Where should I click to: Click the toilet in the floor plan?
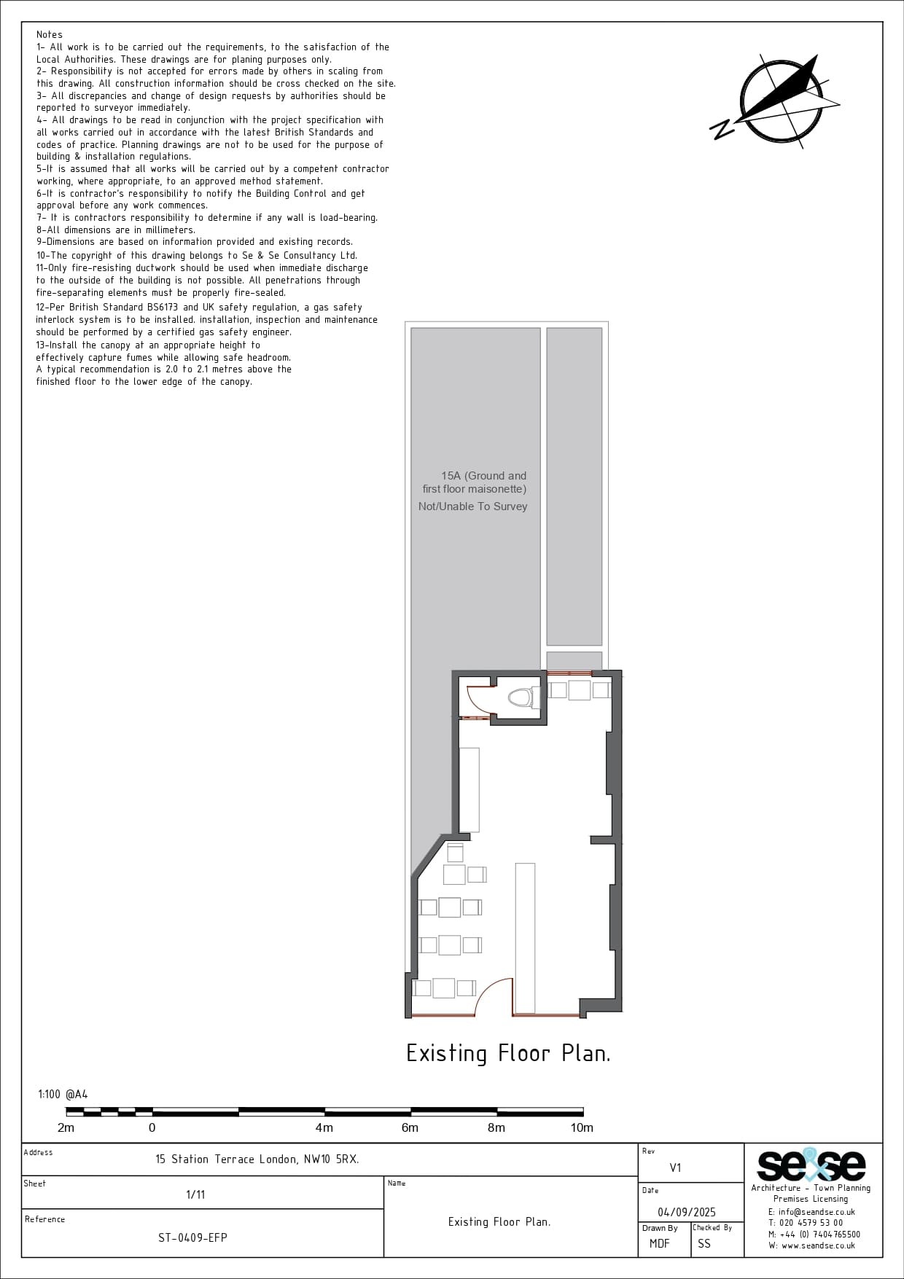point(520,697)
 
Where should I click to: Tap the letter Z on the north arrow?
point(722,130)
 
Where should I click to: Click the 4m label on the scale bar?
point(324,1127)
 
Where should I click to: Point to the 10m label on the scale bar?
point(582,1127)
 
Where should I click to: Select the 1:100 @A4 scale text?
point(63,1094)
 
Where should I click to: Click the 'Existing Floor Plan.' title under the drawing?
point(508,1053)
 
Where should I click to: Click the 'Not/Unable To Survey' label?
point(472,506)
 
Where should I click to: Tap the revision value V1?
point(675,1167)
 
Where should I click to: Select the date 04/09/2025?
point(687,1212)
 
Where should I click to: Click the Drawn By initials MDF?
point(659,1243)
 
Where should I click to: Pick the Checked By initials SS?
point(704,1243)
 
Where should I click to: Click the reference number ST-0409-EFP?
point(192,1237)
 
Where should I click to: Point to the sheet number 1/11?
point(195,1194)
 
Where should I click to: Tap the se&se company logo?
point(811,1165)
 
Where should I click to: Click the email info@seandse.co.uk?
point(811,1212)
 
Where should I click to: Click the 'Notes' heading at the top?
point(50,34)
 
